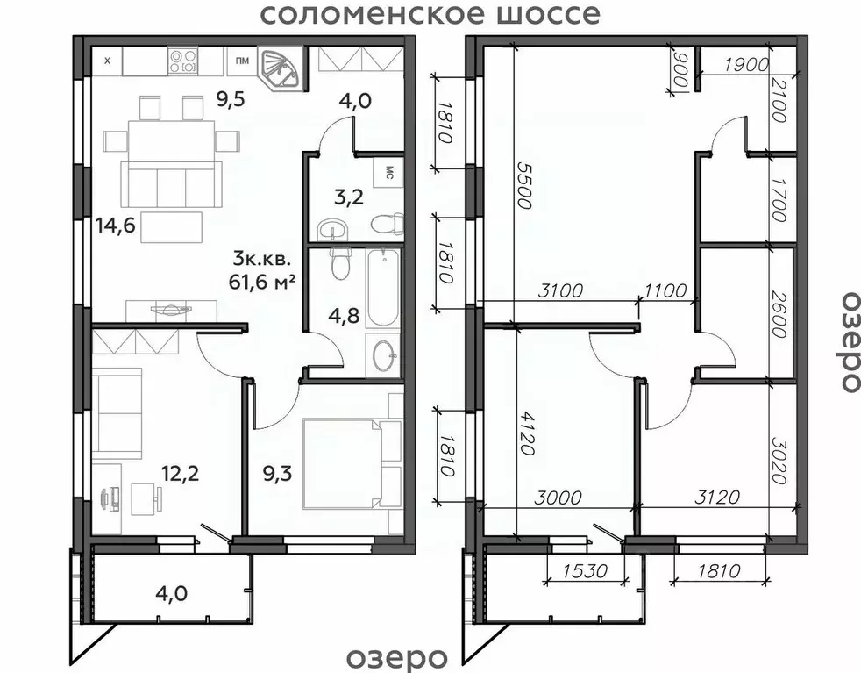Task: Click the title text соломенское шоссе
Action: pyautogui.click(x=430, y=15)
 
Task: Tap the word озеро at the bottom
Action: pyautogui.click(x=397, y=657)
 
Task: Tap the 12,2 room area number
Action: pyautogui.click(x=179, y=474)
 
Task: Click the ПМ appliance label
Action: pyautogui.click(x=240, y=61)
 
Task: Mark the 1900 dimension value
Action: pyautogui.click(x=747, y=63)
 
